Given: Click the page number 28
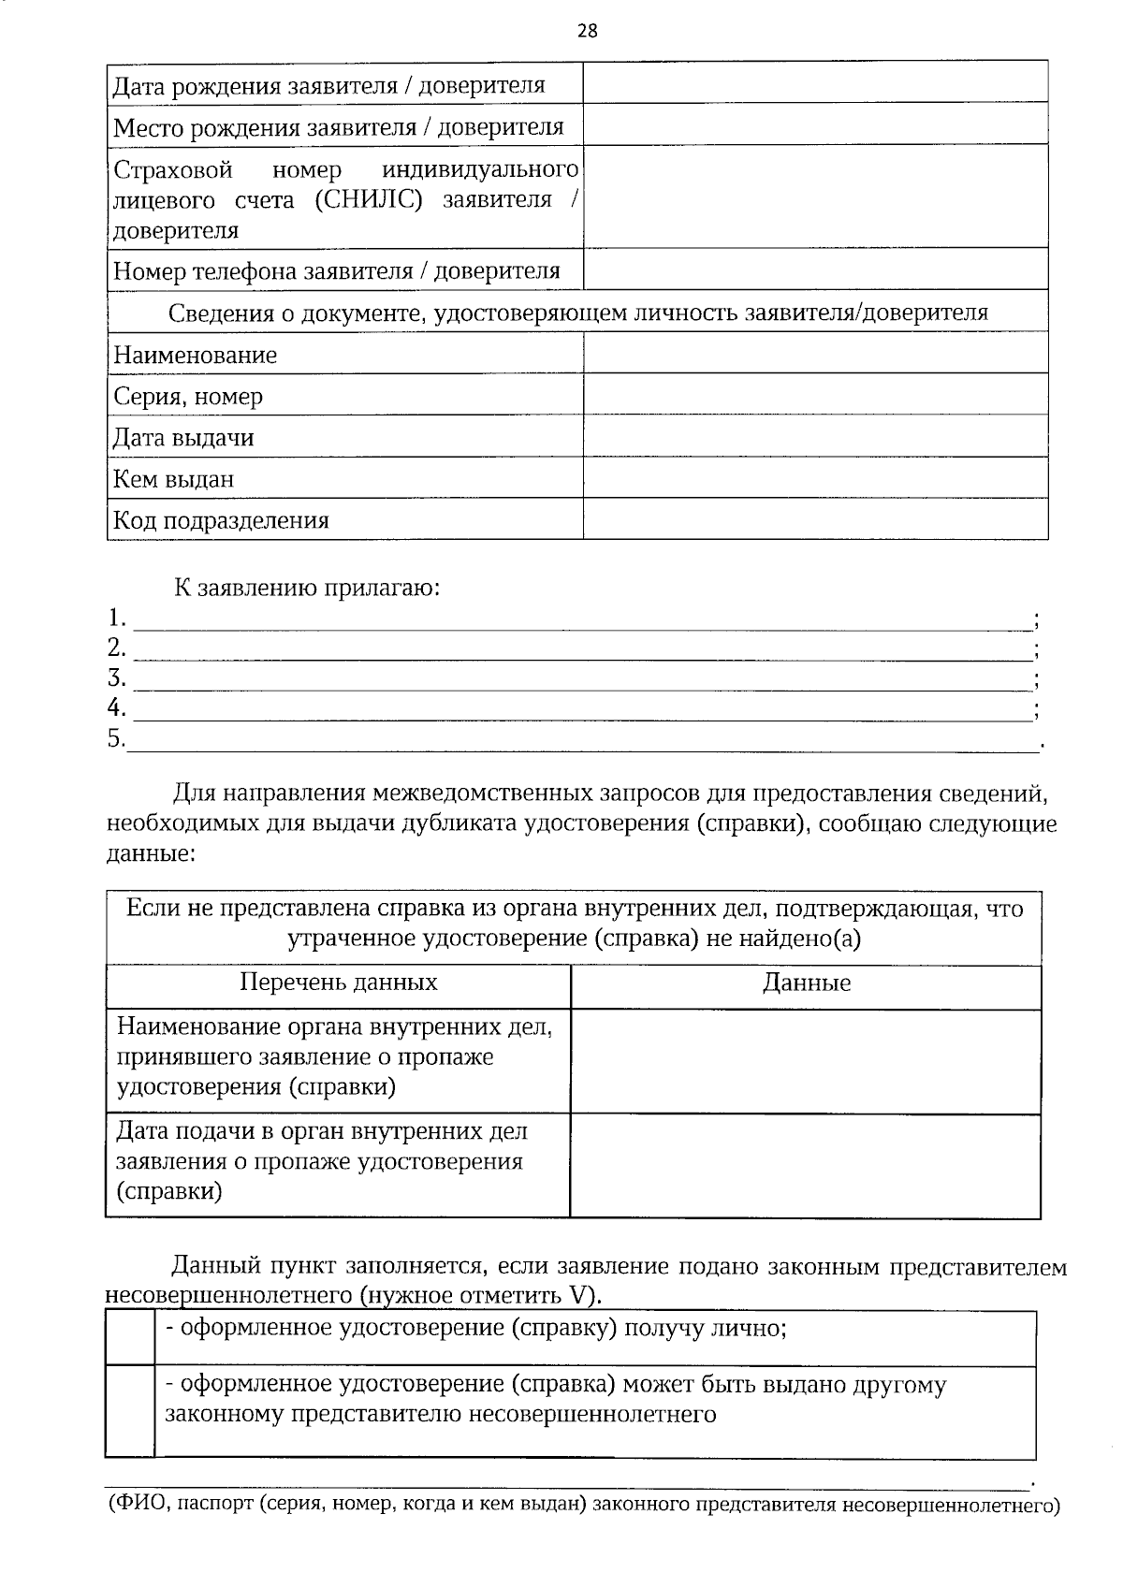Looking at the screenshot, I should pyautogui.click(x=587, y=31).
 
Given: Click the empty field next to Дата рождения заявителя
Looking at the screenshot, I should pyautogui.click(x=815, y=82).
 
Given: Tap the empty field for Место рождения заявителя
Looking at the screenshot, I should pyautogui.click(x=815, y=124).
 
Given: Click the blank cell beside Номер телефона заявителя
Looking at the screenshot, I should pyautogui.click(x=815, y=269).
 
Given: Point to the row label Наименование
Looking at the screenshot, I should pyautogui.click(x=196, y=356).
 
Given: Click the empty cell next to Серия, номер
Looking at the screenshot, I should pyautogui.click(x=815, y=394).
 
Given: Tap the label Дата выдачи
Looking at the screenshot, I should pyautogui.click(x=183, y=438).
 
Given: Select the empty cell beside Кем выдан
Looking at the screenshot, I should pyautogui.click(x=815, y=477).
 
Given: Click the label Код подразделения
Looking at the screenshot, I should pyautogui.click(x=221, y=520).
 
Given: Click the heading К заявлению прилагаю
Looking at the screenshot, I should pyautogui.click(x=307, y=589).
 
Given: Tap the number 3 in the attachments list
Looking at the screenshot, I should pyautogui.click(x=116, y=677).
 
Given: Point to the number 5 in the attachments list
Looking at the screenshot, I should pyautogui.click(x=116, y=739).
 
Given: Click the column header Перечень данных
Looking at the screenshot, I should pyautogui.click(x=339, y=983).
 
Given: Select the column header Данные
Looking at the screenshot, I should pyautogui.click(x=807, y=983).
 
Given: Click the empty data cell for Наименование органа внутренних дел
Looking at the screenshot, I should pyautogui.click(x=806, y=1061).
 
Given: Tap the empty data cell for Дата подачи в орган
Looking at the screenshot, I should pyautogui.click(x=806, y=1165).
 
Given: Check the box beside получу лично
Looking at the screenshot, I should pyautogui.click(x=130, y=1338).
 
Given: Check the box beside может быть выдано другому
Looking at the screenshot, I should pyautogui.click(x=130, y=1411).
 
